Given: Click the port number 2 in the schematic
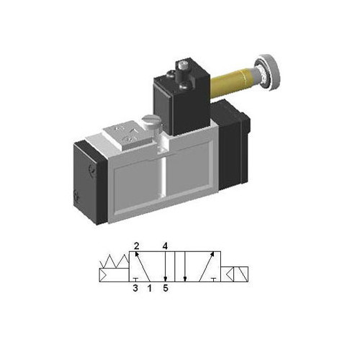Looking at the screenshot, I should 135,246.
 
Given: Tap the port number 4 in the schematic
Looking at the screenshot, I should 166,246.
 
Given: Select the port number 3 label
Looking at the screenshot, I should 135,289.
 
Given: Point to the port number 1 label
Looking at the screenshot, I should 149,289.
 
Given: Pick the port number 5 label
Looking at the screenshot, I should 166,289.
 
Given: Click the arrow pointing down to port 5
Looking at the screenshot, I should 166,269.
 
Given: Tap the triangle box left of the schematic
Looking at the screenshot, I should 111,274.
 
